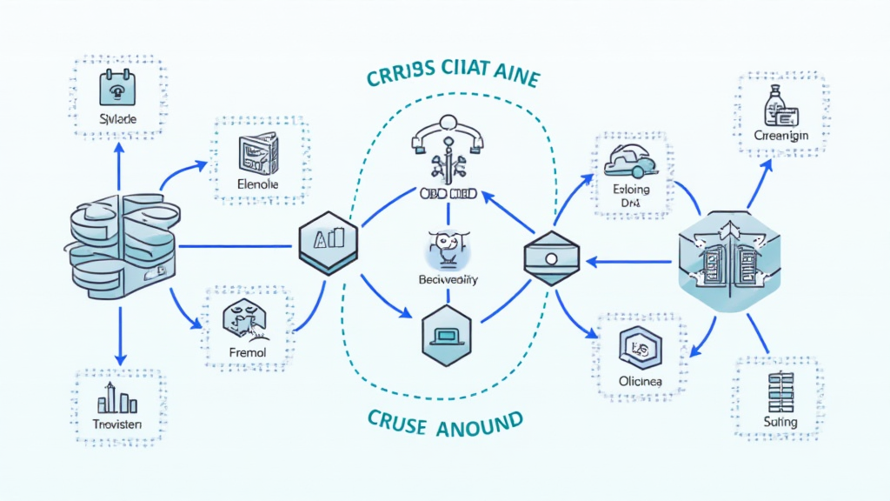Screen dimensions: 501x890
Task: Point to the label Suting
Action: [x=780, y=421]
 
